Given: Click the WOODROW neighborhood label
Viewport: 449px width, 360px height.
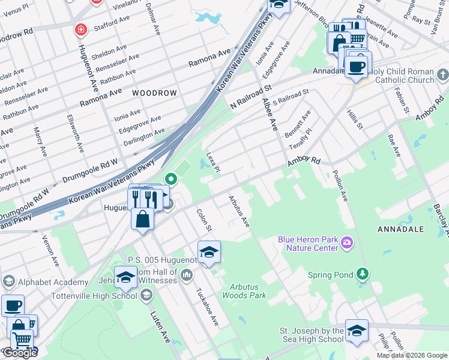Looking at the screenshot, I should (154, 93).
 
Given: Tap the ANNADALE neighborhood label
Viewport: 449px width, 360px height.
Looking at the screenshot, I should (401, 229).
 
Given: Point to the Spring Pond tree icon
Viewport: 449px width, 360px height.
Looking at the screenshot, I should (362, 274).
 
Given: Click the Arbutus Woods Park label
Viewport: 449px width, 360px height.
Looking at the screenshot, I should (244, 291).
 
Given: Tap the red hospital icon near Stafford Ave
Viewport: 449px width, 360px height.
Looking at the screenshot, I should (79, 29).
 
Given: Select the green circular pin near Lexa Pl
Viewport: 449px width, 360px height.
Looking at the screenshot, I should (171, 178).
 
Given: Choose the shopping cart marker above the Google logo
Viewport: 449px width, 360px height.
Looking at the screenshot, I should (22, 339).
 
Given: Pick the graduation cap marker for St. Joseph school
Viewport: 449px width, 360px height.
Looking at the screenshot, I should (357, 331).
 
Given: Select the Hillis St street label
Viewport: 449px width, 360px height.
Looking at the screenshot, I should (354, 118).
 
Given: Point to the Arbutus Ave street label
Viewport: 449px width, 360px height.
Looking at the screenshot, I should (238, 211).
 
